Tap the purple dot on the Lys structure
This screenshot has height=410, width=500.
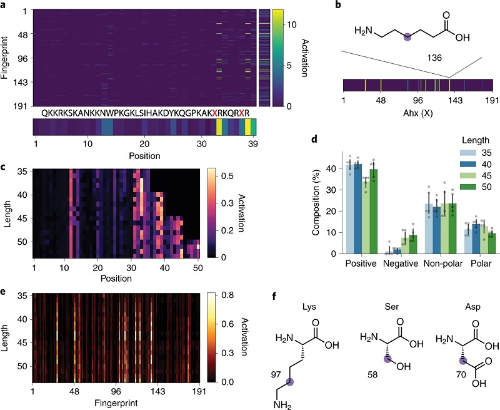pyautogui.click(x=289, y=382)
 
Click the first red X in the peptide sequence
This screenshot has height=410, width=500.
pyautogui.click(x=214, y=113)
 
